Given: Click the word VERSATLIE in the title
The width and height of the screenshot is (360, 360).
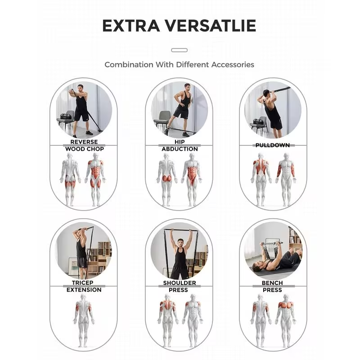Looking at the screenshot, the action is click(211, 26).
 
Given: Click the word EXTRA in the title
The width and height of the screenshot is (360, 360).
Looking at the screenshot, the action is click(131, 26).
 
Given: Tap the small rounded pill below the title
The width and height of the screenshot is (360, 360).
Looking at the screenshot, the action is click(179, 50).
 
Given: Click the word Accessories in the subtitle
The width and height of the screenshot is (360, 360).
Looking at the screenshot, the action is click(233, 64).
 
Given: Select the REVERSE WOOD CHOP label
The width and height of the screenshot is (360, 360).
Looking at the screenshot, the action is click(84, 145).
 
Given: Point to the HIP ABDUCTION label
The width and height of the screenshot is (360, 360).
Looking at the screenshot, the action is click(180, 145).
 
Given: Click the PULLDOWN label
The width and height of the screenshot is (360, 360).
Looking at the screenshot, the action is click(273, 145).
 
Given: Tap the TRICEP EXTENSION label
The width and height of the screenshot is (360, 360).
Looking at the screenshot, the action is click(84, 286).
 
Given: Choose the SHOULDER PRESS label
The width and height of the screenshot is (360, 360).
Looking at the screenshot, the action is click(179, 286).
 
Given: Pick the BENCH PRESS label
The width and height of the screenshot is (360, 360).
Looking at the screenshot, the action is click(272, 286).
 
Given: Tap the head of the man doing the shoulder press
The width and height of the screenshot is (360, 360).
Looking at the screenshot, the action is click(181, 243).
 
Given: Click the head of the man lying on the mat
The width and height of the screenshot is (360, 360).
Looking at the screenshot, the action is click(257, 267).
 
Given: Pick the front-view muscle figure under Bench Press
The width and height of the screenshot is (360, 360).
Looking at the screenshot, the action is click(286, 320).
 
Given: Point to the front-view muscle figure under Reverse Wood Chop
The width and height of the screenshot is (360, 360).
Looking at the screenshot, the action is click(95, 180).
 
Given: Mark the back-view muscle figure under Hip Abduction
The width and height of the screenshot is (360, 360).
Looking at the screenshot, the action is click(167, 180).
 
